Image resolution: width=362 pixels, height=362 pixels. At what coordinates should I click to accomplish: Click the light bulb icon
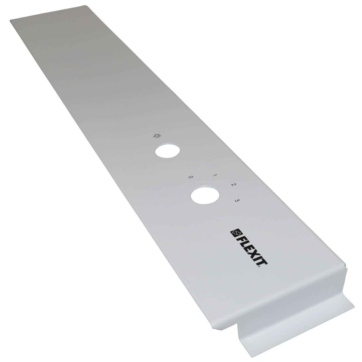(157, 136)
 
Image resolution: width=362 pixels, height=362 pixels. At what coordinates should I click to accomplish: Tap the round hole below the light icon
(167, 151)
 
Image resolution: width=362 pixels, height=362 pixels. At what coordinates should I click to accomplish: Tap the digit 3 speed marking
(237, 200)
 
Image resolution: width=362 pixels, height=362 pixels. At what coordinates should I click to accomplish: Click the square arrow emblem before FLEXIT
(235, 233)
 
